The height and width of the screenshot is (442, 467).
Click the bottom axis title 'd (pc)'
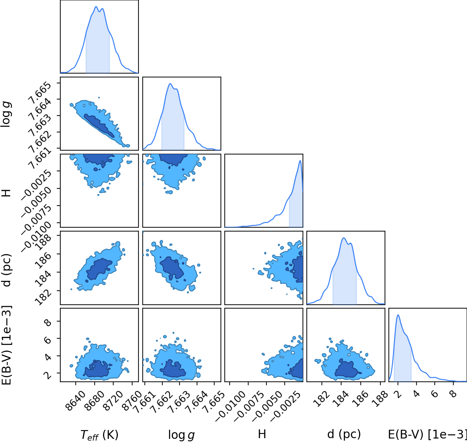click(344, 434)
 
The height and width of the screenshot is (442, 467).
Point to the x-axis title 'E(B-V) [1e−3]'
click(427, 434)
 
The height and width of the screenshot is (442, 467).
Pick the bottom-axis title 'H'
click(262, 434)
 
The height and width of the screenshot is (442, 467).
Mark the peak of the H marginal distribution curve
click(300, 161)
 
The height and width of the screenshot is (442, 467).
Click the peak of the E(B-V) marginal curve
click(398, 315)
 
